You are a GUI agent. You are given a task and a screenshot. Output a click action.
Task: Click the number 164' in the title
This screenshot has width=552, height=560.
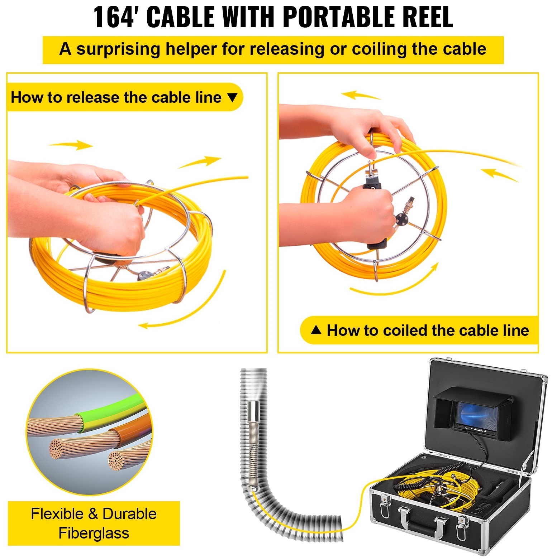coord(114,17)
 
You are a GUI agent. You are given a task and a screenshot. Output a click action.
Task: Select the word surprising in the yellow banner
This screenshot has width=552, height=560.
coord(118,49)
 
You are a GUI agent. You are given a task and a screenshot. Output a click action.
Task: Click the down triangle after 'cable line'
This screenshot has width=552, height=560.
coord(233,97)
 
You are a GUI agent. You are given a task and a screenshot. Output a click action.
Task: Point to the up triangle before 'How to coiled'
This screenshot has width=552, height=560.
coord(316,330)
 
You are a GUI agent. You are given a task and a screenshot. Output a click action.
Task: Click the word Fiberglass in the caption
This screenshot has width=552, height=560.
coord(94,533)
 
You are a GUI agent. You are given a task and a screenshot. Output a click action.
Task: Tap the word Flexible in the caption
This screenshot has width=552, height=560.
coord(57,514)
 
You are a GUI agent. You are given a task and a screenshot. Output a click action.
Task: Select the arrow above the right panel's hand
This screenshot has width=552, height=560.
coord(360,95)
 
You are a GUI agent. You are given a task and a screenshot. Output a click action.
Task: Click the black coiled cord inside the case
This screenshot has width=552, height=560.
coord(427,476)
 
